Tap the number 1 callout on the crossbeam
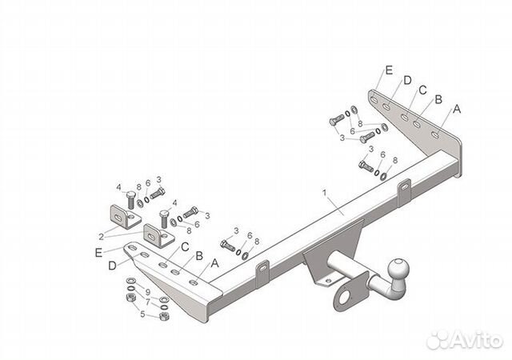(324, 194)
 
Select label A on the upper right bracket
(457, 109)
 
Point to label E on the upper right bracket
(388, 71)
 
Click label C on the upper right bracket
(422, 89)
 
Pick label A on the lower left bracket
(214, 262)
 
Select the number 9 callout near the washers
(147, 290)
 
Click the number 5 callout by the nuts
(142, 314)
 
